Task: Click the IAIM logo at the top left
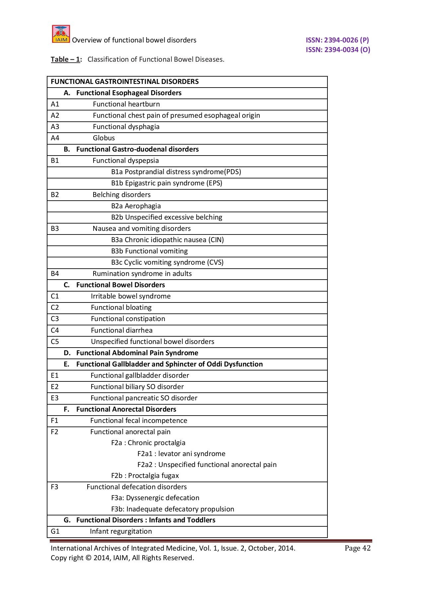61,34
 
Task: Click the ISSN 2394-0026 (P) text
337,40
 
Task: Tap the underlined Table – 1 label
65,59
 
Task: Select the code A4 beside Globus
55,138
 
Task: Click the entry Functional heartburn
126,104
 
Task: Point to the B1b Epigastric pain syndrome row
167,183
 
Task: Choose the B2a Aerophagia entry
136,206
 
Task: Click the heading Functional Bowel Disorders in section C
120,285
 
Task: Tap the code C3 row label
55,319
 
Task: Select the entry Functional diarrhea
122,330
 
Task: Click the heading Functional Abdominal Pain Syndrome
137,353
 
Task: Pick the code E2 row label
55,387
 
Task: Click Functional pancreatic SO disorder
144,398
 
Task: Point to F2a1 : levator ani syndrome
181,454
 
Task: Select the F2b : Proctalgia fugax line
145,476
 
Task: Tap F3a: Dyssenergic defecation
155,498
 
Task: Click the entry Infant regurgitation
121,531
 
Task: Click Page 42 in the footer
357,548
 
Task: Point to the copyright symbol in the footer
88,558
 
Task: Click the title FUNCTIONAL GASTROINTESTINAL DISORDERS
125,82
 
